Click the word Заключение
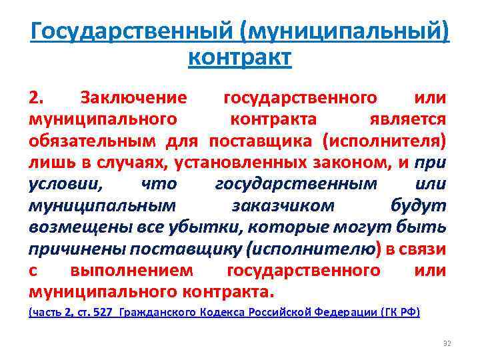click(x=133, y=99)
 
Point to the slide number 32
click(x=447, y=343)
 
